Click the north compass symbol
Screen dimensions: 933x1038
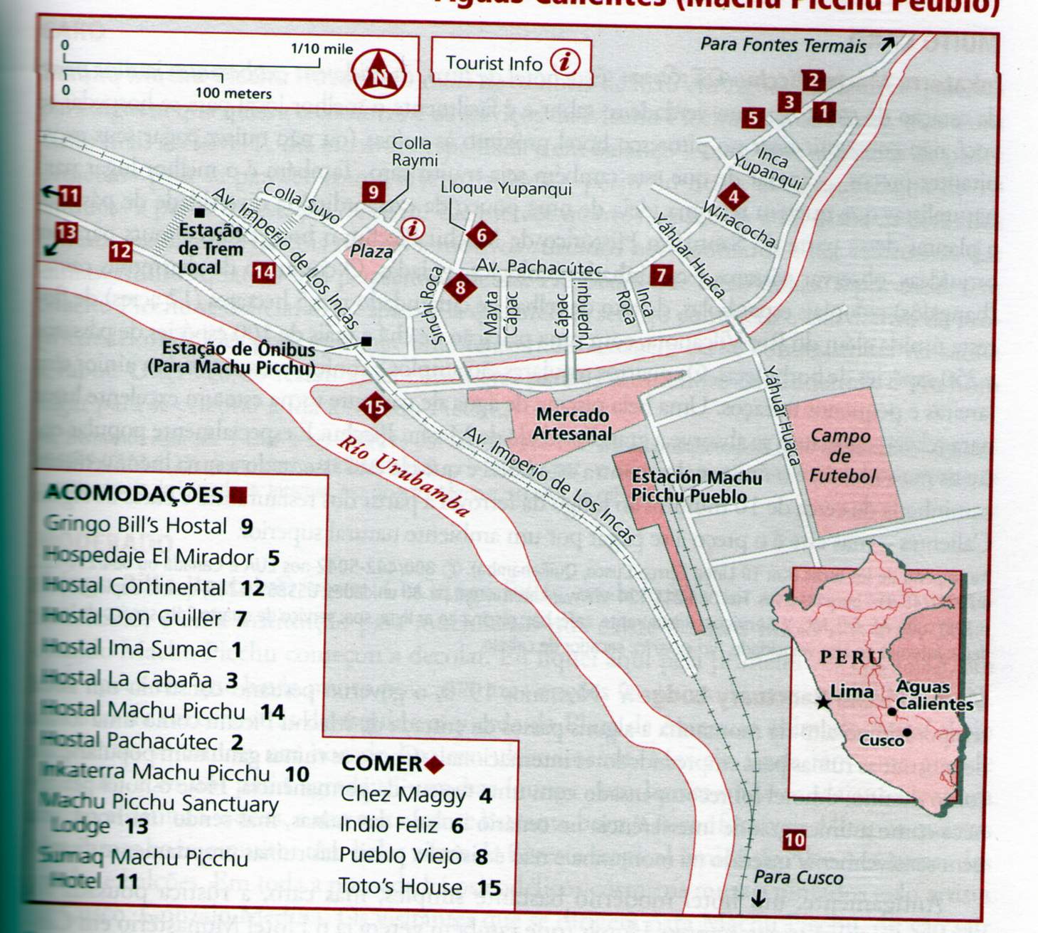point(378,73)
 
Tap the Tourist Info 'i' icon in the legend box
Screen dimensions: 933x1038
point(565,62)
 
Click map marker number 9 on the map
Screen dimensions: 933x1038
point(373,191)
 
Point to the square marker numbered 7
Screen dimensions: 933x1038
point(661,275)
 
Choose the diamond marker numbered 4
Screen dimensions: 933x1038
point(734,197)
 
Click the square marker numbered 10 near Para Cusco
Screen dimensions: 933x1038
point(793,840)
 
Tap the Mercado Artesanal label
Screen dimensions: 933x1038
point(572,424)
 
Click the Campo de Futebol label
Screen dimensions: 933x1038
point(842,455)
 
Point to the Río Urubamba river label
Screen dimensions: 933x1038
point(403,475)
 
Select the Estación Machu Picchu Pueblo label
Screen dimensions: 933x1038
point(696,487)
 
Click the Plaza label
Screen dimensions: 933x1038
point(371,252)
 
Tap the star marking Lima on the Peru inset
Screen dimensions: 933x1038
point(823,702)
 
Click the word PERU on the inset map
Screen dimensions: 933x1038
point(851,657)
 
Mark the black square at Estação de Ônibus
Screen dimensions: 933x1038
point(366,342)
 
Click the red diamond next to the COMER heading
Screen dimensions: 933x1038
point(433,765)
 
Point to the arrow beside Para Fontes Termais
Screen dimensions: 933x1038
point(886,44)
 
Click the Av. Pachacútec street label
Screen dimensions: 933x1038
point(539,268)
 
